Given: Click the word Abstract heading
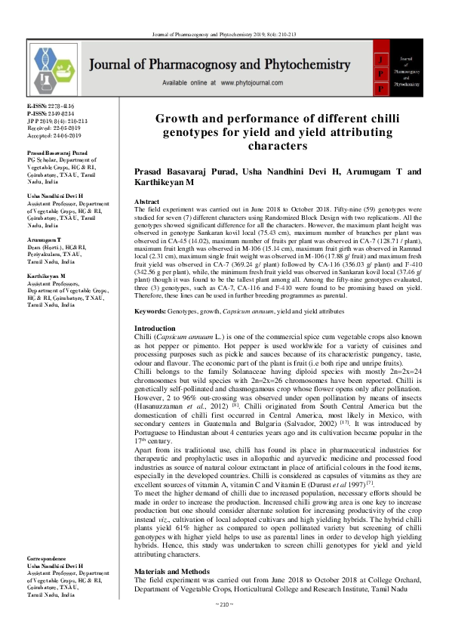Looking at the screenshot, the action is coord(146,202).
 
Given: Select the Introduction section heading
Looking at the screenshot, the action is coord(155,328).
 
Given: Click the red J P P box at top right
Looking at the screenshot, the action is coord(383,69).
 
